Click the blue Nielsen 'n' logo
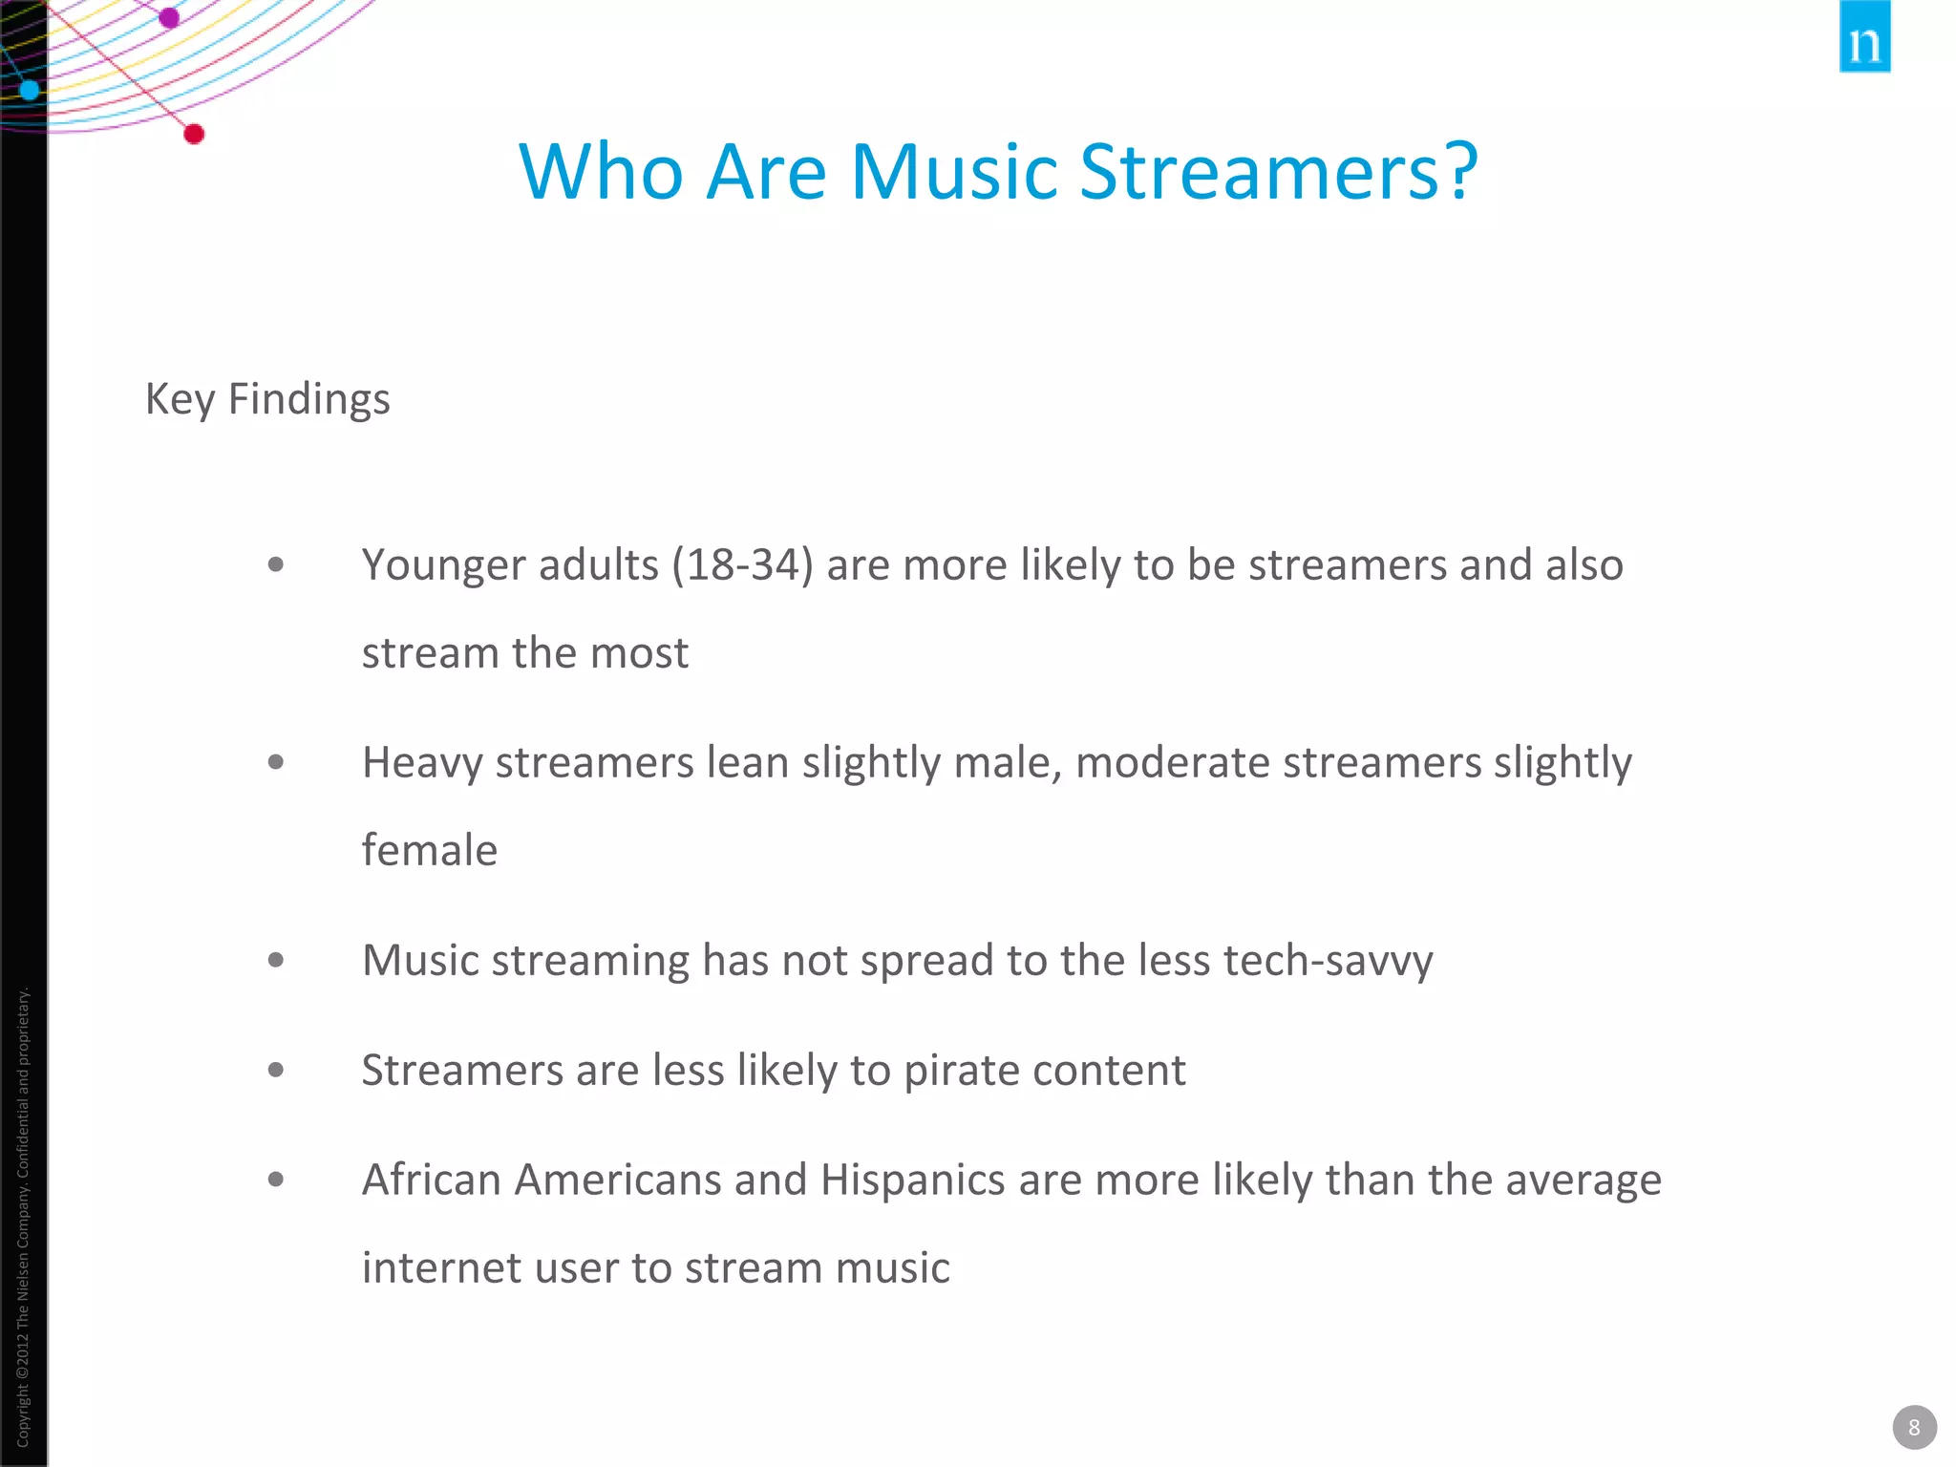coord(1863,38)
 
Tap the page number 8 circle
coord(1913,1427)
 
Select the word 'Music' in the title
coord(953,172)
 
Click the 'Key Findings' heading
coord(267,399)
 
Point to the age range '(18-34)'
coord(742,564)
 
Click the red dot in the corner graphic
coord(194,134)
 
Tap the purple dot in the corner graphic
coord(169,17)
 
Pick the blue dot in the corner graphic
coord(30,90)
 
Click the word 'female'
coord(430,850)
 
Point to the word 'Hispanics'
coord(912,1180)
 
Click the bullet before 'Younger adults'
coord(276,564)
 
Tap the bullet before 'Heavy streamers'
coord(276,762)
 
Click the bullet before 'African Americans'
coord(276,1180)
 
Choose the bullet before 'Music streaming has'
coord(276,960)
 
